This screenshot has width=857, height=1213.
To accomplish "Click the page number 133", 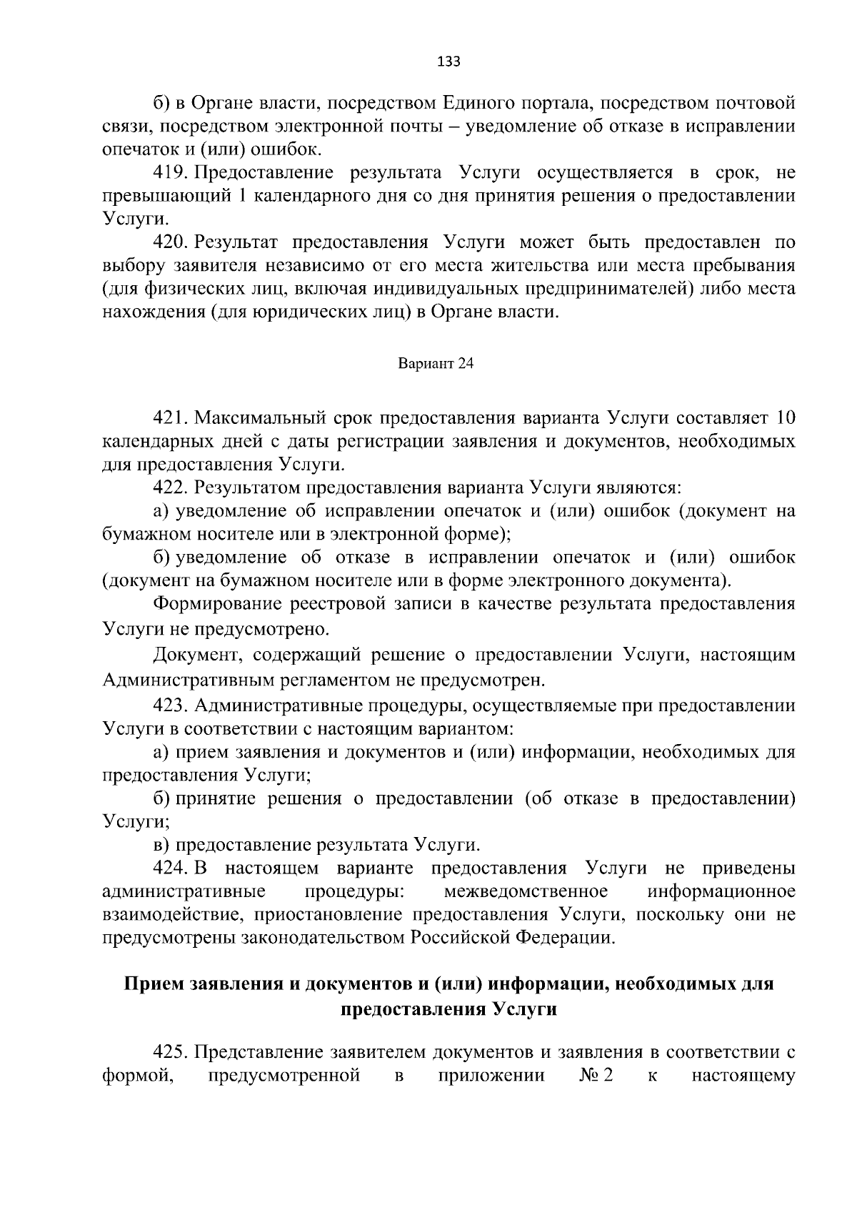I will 448,61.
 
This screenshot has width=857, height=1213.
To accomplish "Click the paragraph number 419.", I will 169,173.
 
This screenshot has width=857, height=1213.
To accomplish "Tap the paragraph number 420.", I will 169,243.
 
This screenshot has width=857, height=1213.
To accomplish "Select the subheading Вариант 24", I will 436,364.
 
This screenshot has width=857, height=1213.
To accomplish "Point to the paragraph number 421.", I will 169,417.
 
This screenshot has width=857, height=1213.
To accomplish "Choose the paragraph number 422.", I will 169,487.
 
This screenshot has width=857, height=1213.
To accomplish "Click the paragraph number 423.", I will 169,705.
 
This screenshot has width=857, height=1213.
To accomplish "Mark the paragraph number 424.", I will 169,868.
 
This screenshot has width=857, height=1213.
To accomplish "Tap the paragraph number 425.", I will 169,1052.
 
